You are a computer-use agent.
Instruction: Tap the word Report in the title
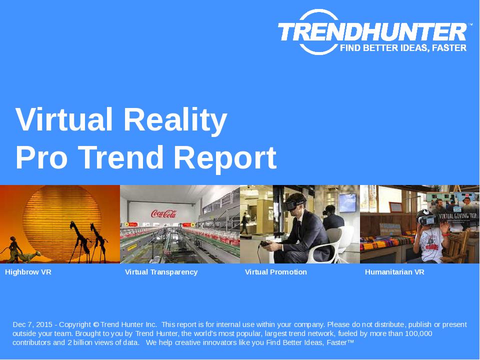pyautogui.click(x=225, y=157)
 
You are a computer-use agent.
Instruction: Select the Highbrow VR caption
pyautogui.click(x=28, y=272)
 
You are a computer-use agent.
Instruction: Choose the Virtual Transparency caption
pyautogui.click(x=161, y=272)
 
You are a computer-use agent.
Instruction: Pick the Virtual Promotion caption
pyautogui.click(x=276, y=272)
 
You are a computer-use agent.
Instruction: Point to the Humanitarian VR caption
pyautogui.click(x=394, y=272)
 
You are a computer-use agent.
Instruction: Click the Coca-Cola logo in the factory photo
pyautogui.click(x=163, y=213)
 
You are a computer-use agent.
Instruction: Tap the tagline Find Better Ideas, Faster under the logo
pyautogui.click(x=403, y=48)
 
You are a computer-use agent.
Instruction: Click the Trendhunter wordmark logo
pyautogui.click(x=372, y=32)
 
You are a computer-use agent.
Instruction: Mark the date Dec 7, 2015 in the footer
pyautogui.click(x=32, y=324)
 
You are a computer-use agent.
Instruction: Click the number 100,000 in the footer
pyautogui.click(x=418, y=333)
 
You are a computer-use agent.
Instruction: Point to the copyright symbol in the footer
pyautogui.click(x=96, y=324)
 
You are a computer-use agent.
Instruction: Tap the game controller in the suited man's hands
pyautogui.click(x=263, y=244)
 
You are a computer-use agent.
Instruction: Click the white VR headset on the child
pyautogui.click(x=427, y=219)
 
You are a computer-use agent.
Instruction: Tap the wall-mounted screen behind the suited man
pyautogui.click(x=347, y=202)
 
